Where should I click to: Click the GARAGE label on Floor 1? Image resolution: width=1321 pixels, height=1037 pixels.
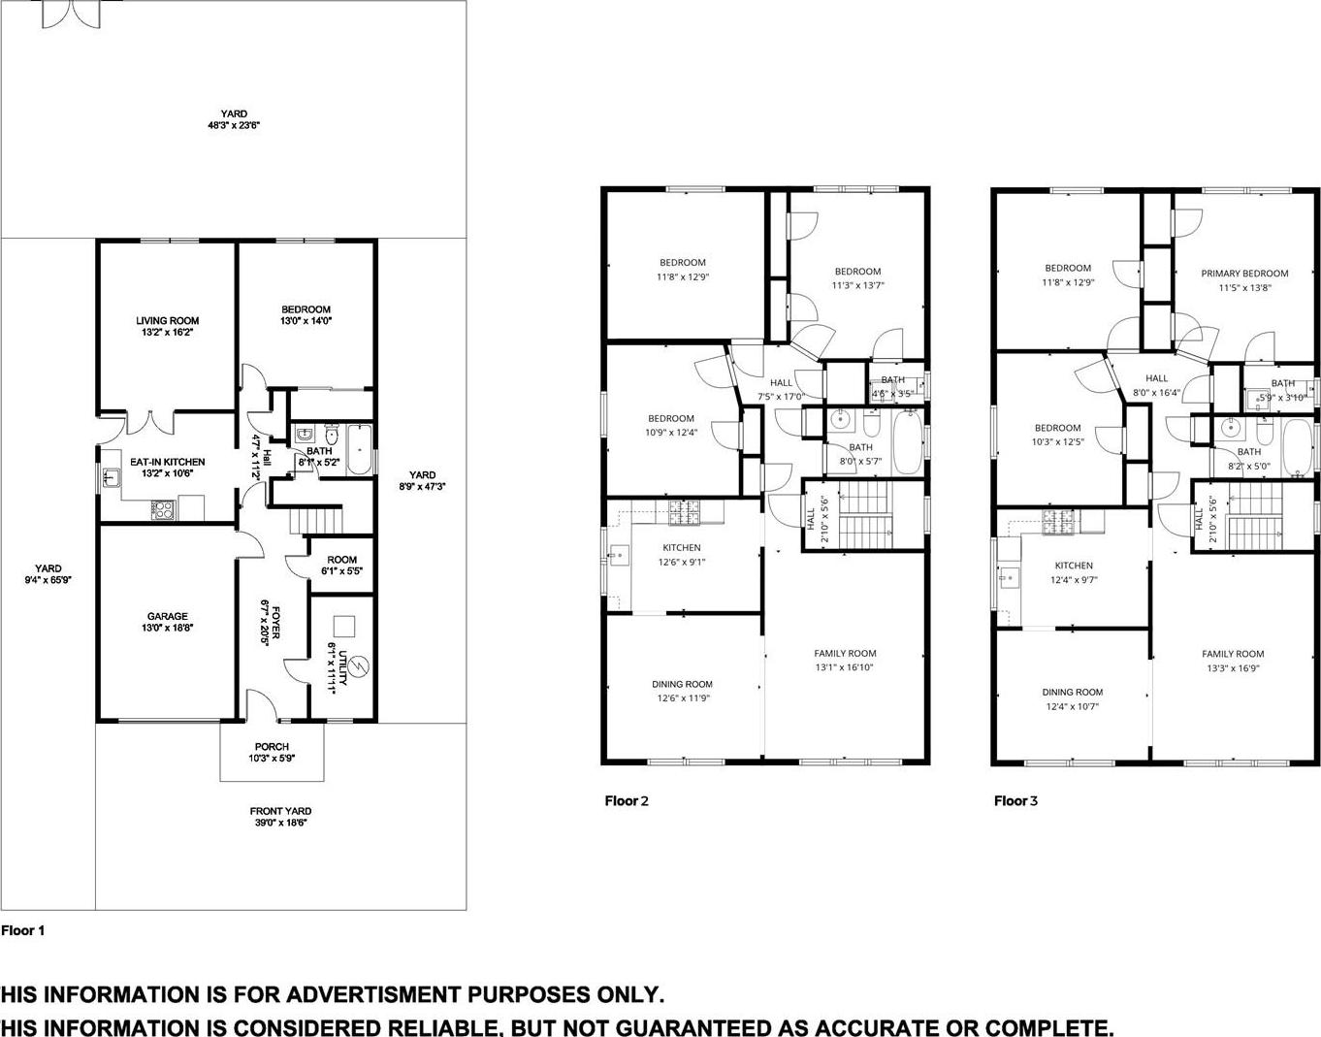point(167,616)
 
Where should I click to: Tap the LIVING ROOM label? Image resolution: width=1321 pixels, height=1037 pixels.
point(167,320)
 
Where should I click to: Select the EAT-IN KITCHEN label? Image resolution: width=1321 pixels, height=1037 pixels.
point(167,462)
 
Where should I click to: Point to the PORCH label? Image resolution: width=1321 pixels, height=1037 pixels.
point(272,747)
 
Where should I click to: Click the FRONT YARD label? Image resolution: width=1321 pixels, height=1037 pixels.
point(280,811)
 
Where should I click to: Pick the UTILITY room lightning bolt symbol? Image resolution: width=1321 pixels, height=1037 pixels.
point(358,668)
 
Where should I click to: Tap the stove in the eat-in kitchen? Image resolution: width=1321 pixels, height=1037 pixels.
point(162,507)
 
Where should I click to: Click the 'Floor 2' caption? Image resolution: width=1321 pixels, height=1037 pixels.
point(626,800)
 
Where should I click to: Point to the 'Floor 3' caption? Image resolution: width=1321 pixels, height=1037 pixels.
point(1015,800)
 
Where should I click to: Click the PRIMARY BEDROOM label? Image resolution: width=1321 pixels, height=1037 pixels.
point(1244,274)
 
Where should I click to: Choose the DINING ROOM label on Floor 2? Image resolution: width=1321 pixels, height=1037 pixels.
point(682,684)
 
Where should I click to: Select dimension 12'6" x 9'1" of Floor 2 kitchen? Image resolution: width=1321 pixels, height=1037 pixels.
point(682,562)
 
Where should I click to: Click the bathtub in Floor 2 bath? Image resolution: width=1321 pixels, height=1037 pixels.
point(907,442)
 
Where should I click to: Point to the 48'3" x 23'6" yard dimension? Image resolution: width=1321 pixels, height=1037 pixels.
point(233,126)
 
